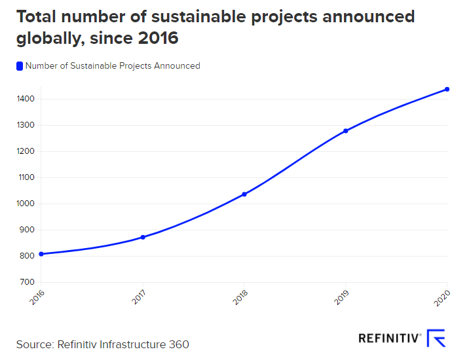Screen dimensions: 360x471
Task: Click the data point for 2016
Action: click(41, 254)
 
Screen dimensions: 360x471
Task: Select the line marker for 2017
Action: click(143, 237)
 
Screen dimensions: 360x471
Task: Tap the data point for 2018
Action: click(244, 194)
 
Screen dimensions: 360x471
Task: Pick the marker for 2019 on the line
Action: click(346, 131)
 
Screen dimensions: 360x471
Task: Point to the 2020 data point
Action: click(447, 89)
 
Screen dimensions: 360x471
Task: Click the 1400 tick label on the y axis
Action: click(26, 99)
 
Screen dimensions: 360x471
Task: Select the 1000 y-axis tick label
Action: click(26, 204)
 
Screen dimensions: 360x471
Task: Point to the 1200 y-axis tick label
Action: click(26, 151)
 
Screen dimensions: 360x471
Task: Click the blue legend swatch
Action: click(20, 65)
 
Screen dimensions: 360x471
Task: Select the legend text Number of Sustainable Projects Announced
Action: click(113, 65)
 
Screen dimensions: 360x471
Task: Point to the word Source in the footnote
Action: click(34, 344)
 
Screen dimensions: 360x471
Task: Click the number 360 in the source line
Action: click(179, 344)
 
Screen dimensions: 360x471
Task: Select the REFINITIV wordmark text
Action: click(389, 338)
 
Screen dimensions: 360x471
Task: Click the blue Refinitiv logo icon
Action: click(436, 338)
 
